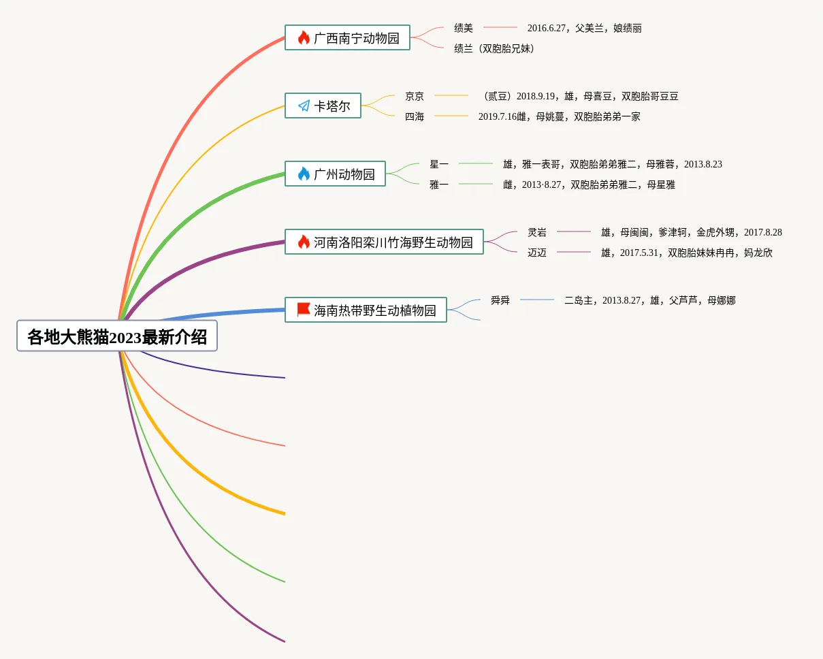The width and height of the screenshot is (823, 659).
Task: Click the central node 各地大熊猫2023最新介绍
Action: point(117,336)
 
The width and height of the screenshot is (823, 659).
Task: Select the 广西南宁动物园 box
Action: point(347,37)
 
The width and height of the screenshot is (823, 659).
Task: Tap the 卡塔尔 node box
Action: point(323,106)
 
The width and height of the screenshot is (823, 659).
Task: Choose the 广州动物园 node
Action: point(335,174)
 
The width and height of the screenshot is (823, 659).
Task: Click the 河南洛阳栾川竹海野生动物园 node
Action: point(384,242)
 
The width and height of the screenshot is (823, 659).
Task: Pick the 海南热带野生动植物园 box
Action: point(366,310)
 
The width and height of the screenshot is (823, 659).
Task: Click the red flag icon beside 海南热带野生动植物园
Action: point(304,309)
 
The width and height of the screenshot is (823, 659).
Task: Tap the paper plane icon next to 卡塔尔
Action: point(304,106)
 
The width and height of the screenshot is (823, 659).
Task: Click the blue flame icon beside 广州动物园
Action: point(304,174)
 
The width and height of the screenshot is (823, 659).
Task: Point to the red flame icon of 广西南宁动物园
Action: point(304,37)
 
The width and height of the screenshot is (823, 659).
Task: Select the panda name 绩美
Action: point(464,28)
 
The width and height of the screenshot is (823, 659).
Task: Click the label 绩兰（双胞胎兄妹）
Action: point(494,48)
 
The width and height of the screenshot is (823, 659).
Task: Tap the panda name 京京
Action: point(415,96)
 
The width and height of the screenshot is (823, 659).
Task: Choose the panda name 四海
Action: point(415,116)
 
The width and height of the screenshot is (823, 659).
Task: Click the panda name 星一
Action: point(439,164)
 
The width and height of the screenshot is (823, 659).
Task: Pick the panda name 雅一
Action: point(439,184)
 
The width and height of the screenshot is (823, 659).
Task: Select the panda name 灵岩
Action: point(537,232)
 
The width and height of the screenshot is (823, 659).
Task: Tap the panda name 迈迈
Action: point(537,253)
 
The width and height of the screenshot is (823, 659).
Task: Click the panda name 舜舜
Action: point(500,300)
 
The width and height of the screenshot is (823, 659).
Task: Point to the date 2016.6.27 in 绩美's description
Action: point(547,28)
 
